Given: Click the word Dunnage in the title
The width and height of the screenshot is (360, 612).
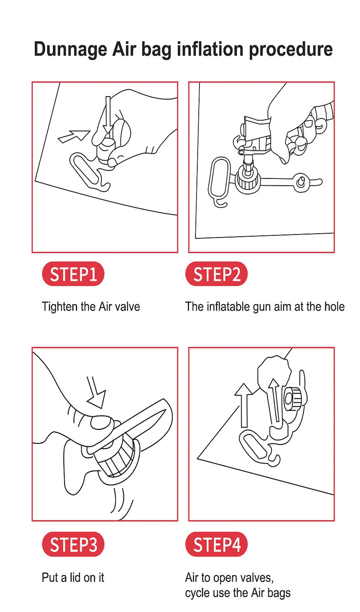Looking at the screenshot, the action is point(70,50).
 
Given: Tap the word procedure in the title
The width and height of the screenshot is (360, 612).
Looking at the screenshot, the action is point(291,50).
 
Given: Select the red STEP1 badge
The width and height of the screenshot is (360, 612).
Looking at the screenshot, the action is point(73,274).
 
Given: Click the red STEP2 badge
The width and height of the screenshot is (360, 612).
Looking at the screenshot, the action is point(216,274).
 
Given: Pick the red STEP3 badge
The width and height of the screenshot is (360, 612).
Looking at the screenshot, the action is point(73,544).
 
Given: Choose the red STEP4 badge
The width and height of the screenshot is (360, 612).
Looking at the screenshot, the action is point(216,544).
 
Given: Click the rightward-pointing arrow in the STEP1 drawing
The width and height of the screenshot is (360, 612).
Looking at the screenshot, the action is point(74,136).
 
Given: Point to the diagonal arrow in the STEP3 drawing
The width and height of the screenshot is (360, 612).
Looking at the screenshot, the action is point(96,392).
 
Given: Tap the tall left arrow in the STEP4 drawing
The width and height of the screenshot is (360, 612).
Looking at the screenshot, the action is point(244,405).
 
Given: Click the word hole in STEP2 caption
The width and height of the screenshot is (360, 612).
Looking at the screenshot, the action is point(334,306).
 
